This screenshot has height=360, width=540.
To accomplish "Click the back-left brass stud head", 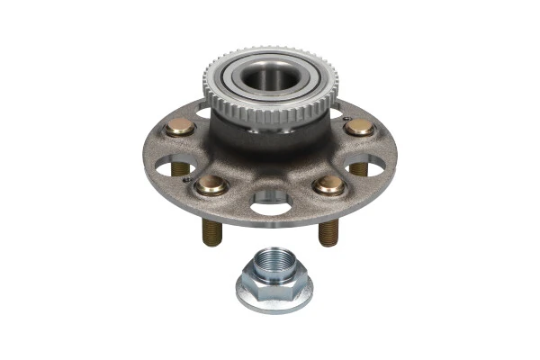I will (x=180, y=128).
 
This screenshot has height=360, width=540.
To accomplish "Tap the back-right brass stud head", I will (x=359, y=128).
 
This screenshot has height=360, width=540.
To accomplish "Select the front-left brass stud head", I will (x=212, y=184).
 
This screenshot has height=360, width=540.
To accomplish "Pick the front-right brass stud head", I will (x=329, y=184).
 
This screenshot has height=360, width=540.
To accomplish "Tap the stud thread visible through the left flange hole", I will (x=180, y=168).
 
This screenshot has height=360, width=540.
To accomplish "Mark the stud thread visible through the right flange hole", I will (x=359, y=168).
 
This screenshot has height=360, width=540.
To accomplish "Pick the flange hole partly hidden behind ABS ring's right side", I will (x=337, y=112).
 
